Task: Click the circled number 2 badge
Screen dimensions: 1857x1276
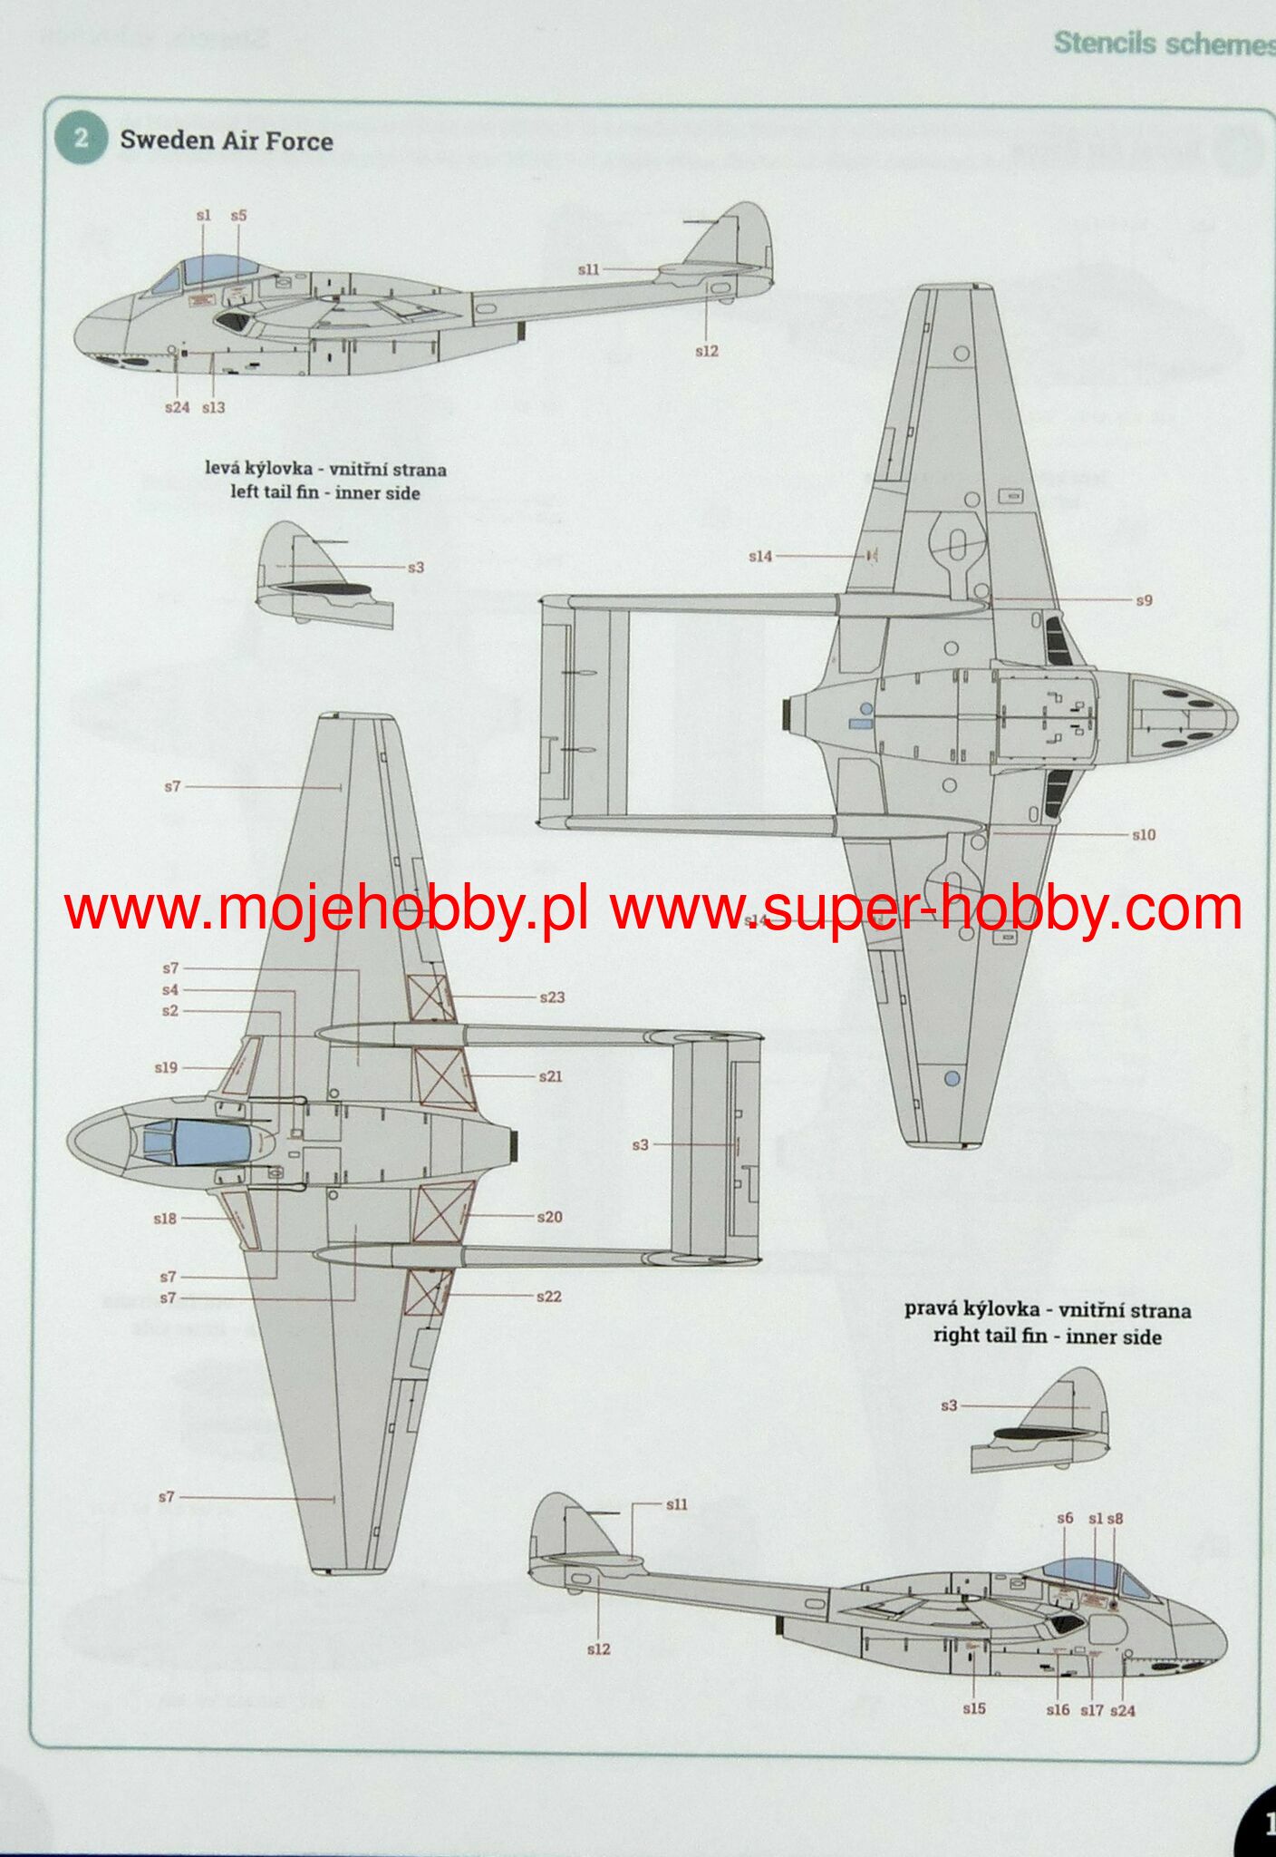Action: [x=81, y=138]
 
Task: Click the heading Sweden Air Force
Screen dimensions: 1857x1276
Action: [x=227, y=141]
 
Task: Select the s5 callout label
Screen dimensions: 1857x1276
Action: [x=238, y=216]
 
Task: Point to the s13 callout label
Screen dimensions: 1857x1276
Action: [x=214, y=408]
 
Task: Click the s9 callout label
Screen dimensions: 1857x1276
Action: [x=1144, y=600]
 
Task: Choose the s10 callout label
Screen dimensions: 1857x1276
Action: [x=1144, y=834]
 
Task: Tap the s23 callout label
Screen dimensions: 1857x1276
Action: [x=552, y=997]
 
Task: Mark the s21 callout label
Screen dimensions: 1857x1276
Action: [x=550, y=1076]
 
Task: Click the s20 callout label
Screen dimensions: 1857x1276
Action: [x=549, y=1217]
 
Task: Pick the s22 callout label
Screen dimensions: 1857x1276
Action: [x=548, y=1297]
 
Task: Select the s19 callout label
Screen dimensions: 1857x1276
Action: [x=166, y=1068]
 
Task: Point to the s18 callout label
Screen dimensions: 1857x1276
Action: [x=165, y=1219]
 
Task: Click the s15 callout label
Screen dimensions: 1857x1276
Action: [x=974, y=1708]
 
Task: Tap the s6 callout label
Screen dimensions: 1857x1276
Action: [x=1065, y=1518]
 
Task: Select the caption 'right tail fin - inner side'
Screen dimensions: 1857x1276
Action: [x=1047, y=1337]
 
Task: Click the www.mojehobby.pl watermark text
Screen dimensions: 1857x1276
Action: [x=326, y=909]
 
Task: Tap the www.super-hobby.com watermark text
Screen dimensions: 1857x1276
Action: [x=925, y=909]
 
